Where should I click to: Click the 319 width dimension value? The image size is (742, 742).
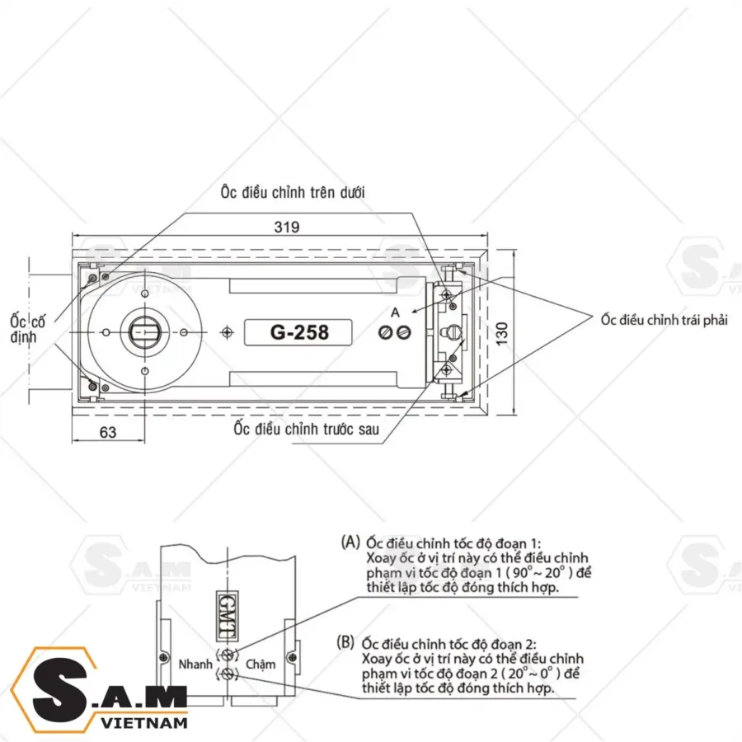click(287, 228)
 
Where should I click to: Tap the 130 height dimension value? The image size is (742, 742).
click(503, 334)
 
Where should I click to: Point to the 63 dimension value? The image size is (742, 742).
click(108, 432)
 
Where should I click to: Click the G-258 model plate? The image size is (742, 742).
click(298, 333)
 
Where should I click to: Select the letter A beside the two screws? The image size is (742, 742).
click(395, 312)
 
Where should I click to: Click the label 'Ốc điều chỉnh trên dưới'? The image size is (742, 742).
click(293, 193)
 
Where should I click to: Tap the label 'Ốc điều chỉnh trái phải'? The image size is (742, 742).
click(664, 320)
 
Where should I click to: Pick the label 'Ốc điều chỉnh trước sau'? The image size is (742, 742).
click(306, 429)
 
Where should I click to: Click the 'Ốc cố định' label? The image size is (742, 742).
click(28, 329)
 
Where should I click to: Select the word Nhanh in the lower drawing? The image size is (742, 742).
click(195, 665)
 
